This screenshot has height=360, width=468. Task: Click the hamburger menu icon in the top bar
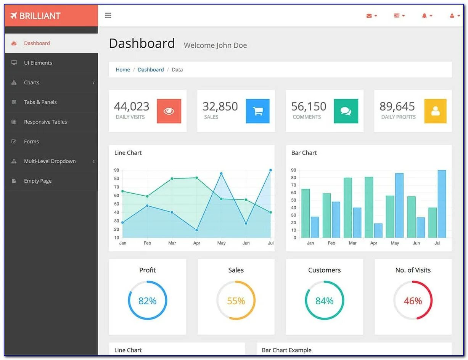[108, 16]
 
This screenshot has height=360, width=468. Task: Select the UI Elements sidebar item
[38, 63]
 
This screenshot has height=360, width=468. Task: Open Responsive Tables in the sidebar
[45, 122]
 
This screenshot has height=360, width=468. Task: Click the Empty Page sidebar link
[37, 181]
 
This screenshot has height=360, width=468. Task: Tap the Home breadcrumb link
[123, 70]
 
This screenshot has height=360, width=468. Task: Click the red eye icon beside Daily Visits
[169, 111]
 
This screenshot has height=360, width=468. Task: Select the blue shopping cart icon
[258, 111]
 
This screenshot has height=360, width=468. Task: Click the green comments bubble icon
[346, 111]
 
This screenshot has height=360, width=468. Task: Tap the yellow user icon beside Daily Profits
[435, 111]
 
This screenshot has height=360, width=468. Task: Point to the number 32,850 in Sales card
[220, 106]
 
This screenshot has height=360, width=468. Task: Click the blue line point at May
[221, 174]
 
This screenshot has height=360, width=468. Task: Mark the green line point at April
[196, 178]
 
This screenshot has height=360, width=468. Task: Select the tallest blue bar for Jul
[442, 204]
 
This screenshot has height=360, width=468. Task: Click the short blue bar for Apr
[378, 230]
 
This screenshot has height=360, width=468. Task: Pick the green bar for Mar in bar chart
[347, 208]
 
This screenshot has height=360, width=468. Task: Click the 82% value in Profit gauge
[148, 301]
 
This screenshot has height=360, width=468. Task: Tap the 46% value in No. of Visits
[413, 301]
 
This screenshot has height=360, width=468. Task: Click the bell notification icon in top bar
[425, 16]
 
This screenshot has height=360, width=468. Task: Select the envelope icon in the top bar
[369, 16]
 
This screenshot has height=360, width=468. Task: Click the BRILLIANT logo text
[40, 16]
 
